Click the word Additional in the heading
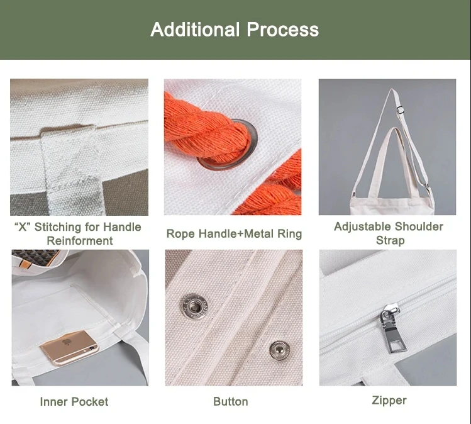click(x=195, y=30)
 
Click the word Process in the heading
click(x=282, y=30)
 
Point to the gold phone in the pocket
click(x=69, y=347)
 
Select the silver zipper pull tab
click(x=392, y=329)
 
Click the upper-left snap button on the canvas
click(x=195, y=306)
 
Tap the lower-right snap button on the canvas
click(x=279, y=350)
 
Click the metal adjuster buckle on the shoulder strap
click(x=399, y=109)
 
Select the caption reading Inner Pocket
click(x=74, y=402)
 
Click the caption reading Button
click(x=231, y=401)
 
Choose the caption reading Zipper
click(x=389, y=401)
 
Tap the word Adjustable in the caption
click(x=362, y=226)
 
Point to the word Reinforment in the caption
click(x=80, y=241)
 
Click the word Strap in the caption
click(x=391, y=240)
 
